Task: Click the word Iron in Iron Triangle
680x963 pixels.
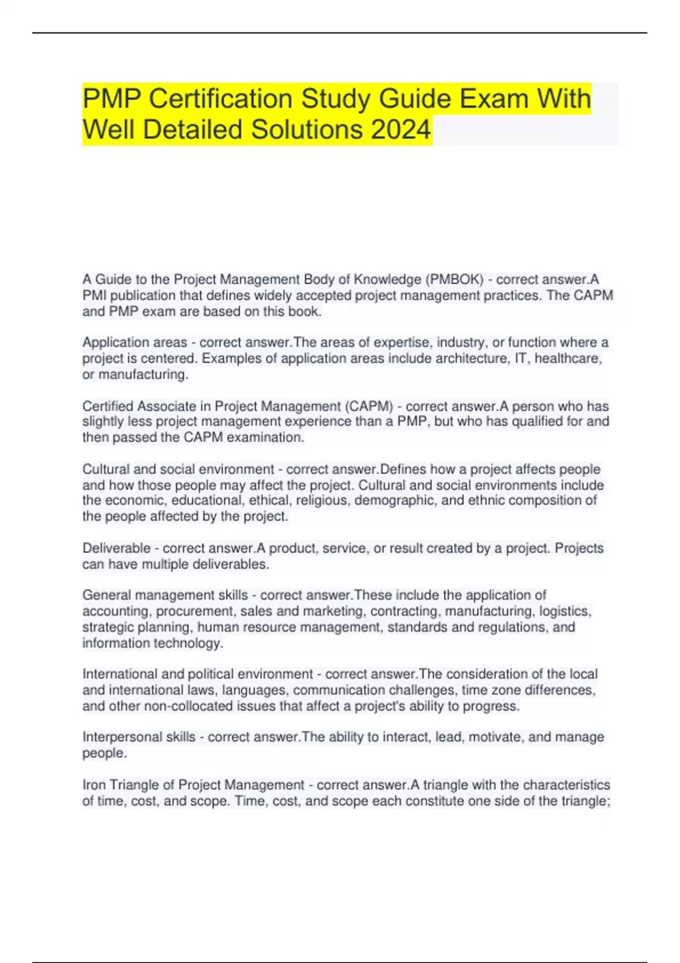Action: click(93, 785)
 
